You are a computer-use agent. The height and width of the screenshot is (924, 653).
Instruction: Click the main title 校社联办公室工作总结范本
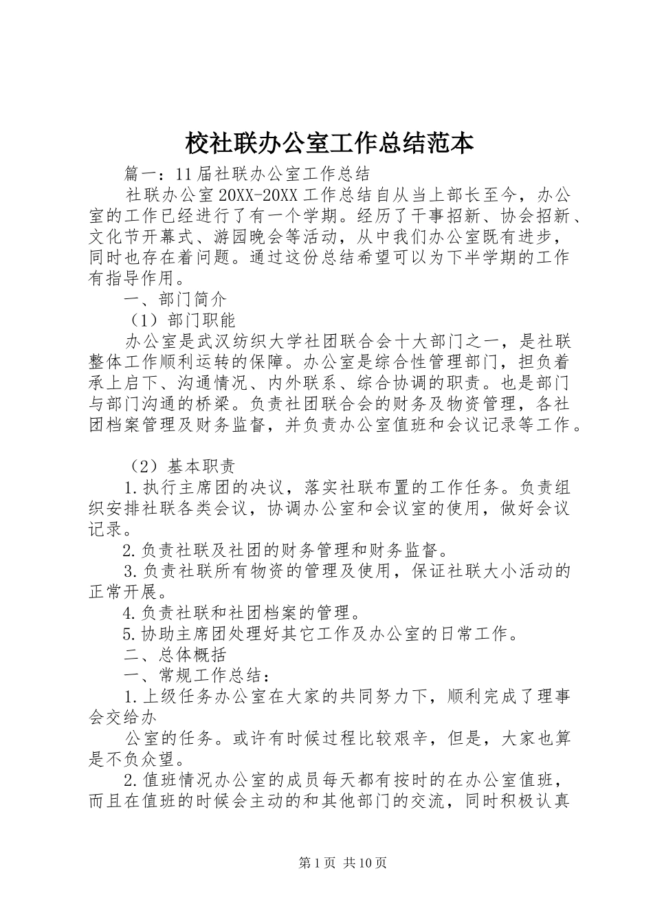(x=329, y=142)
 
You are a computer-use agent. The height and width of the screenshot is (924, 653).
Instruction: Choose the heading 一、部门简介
(x=175, y=300)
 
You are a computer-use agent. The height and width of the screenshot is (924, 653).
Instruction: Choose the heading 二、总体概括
(x=175, y=654)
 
